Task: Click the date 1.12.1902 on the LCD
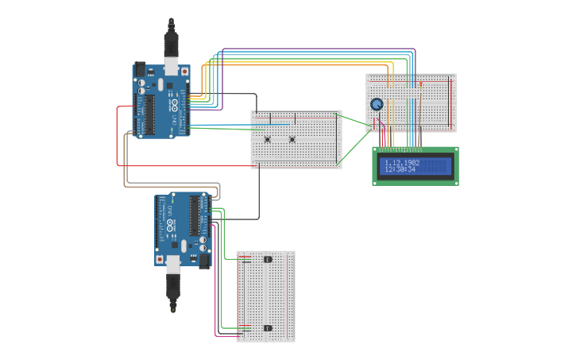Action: [402, 162]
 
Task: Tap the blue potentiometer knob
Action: [377, 104]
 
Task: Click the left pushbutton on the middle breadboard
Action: [268, 140]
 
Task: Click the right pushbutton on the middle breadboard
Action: [292, 140]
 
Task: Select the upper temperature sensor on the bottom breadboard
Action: [268, 259]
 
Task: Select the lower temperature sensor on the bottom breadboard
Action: [268, 327]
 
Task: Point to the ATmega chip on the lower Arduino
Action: [194, 215]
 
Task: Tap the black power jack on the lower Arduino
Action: [204, 259]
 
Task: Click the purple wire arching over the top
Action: [318, 48]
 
